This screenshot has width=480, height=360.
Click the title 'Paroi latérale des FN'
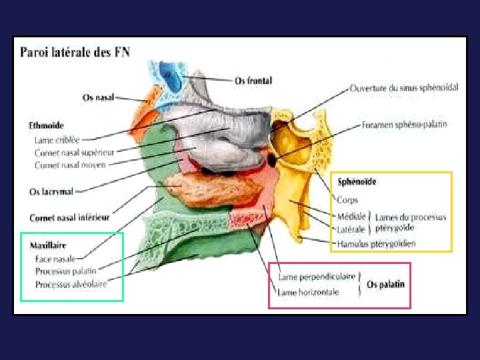click(x=75, y=52)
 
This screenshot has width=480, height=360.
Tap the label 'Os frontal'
click(x=253, y=81)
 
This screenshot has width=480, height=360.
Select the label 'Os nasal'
click(x=97, y=97)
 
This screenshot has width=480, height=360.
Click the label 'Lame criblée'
click(x=57, y=140)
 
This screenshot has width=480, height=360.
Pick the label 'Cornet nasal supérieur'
click(x=74, y=153)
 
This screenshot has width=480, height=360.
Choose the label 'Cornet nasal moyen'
click(x=70, y=164)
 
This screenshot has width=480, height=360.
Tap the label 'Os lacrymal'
click(x=51, y=192)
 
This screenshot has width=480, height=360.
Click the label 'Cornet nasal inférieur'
click(x=69, y=217)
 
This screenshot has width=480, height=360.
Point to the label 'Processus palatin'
click(x=65, y=271)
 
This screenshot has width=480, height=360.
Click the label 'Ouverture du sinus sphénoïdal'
click(x=404, y=88)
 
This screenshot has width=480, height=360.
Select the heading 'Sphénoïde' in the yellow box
click(x=357, y=181)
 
